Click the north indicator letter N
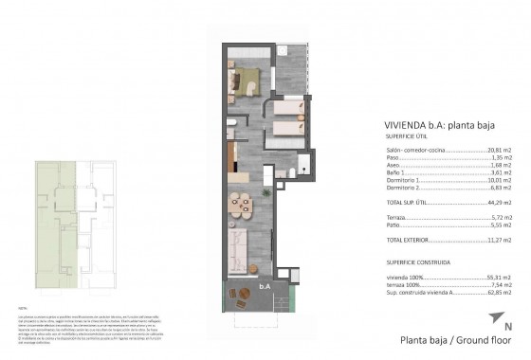[508, 327]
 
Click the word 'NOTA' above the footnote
[22, 309]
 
